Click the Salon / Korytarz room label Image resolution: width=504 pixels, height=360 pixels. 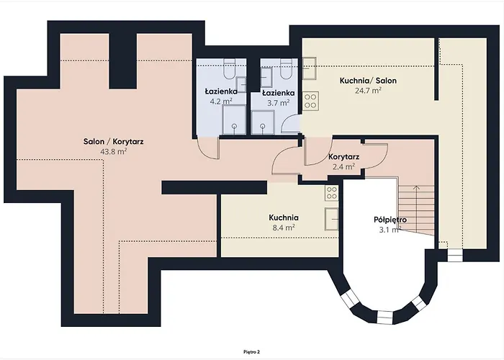coord(113,142)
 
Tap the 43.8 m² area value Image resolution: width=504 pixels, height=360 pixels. coord(114,152)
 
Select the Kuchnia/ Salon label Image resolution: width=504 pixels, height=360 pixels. coord(368,81)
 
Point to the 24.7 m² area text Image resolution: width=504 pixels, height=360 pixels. coord(368,91)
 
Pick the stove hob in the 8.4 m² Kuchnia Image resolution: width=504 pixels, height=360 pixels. coord(331,192)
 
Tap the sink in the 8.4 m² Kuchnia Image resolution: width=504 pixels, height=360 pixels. coord(332,217)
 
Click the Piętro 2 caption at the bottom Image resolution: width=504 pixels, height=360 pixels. coord(251,351)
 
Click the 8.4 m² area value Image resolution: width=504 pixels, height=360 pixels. coord(283,227)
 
